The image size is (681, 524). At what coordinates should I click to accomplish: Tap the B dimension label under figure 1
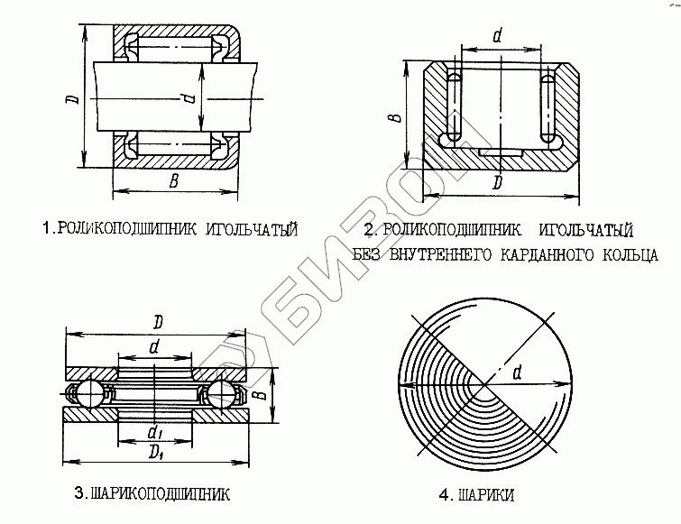[x=174, y=183]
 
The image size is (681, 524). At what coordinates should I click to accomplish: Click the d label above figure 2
[x=498, y=36]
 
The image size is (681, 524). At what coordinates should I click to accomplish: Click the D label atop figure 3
[x=157, y=321]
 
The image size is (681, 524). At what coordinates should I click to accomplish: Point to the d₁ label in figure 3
[x=156, y=430]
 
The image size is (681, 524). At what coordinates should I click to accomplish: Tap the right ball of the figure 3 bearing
[x=222, y=394]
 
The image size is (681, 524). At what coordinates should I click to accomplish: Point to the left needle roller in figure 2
[x=455, y=107]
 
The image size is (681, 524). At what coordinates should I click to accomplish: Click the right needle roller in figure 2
[x=547, y=108]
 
